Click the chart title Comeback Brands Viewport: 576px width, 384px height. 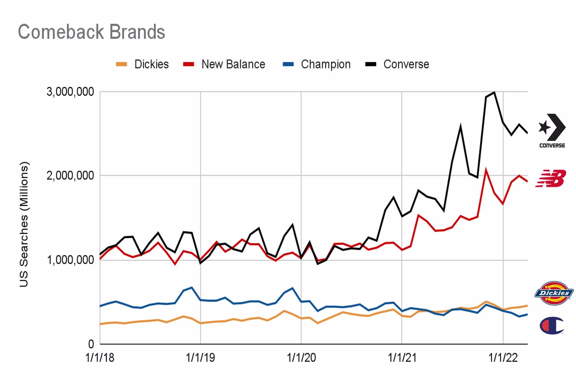click(91, 32)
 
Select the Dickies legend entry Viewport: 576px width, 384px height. click(143, 64)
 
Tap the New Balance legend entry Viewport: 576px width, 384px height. click(225, 64)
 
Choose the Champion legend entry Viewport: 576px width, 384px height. click(317, 64)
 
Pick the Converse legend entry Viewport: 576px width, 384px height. click(398, 64)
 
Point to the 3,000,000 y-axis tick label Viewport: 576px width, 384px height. click(70, 92)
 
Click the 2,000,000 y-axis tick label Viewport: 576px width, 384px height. click(70, 175)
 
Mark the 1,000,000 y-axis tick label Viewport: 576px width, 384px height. click(70, 260)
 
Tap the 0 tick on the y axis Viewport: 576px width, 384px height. click(91, 344)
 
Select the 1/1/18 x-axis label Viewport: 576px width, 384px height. click(100, 358)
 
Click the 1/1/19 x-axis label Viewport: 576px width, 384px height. click(200, 358)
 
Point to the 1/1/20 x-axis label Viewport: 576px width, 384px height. click(301, 358)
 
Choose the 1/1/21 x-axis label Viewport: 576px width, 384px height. click(402, 358)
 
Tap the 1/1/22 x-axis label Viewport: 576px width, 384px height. click(503, 358)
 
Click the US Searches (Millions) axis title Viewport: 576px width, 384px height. click(24, 224)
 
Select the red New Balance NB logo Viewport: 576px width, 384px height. click(551, 179)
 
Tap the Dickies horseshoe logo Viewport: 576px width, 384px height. click(554, 293)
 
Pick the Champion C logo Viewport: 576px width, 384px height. click(551, 326)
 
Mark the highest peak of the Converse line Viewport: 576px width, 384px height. click(494, 92)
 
